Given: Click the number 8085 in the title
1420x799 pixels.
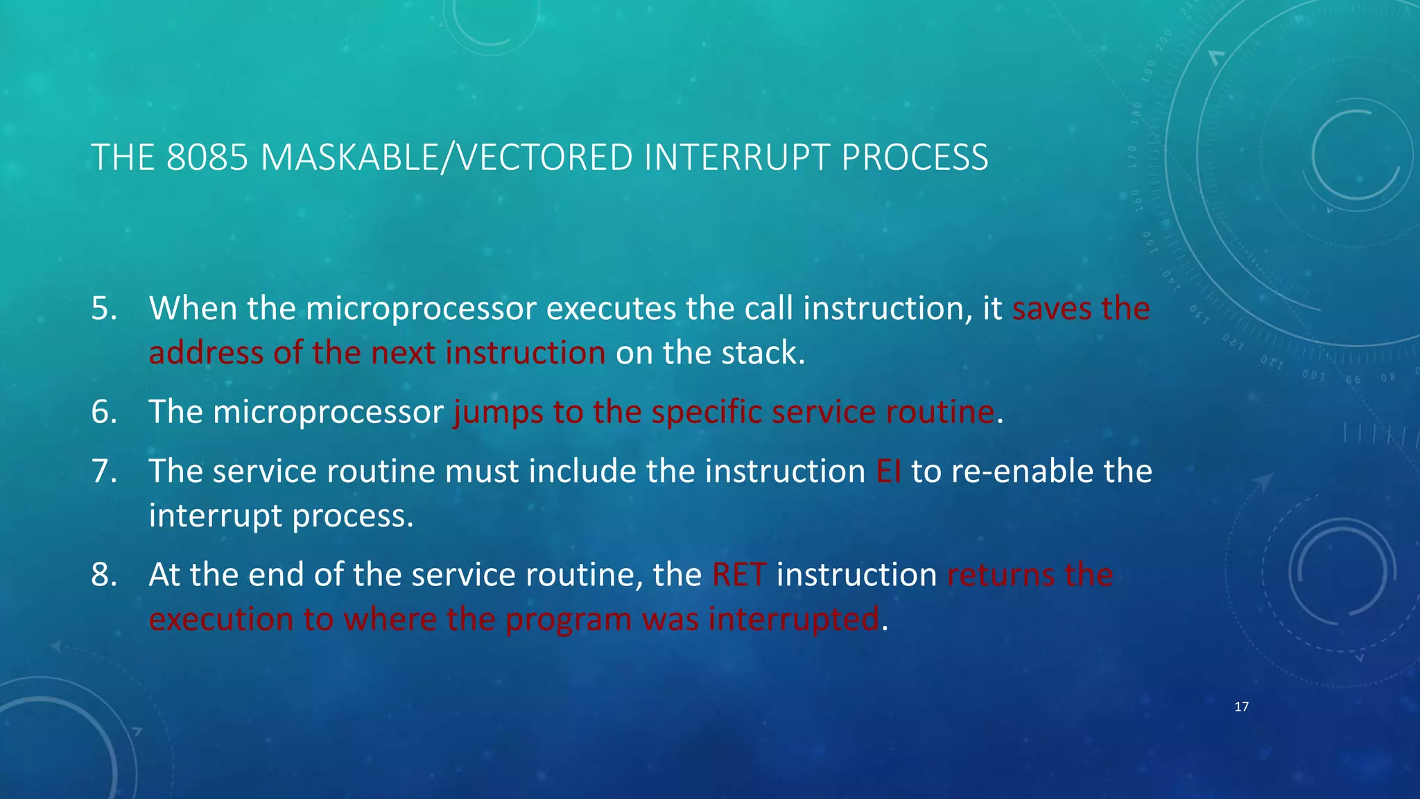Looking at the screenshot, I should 207,157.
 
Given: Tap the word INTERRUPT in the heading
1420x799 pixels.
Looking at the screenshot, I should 736,157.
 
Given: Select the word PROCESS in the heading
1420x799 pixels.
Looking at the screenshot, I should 915,157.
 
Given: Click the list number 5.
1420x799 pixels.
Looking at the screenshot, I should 103,308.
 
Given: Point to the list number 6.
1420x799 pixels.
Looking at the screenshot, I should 103,412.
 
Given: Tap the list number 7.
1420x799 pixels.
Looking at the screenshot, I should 103,471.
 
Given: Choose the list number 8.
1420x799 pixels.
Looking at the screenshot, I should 103,575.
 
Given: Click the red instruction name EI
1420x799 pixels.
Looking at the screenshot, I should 888,471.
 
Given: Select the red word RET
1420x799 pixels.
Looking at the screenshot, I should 739,575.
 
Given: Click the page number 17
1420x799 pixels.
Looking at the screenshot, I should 1241,707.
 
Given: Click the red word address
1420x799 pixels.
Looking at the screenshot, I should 206,353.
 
